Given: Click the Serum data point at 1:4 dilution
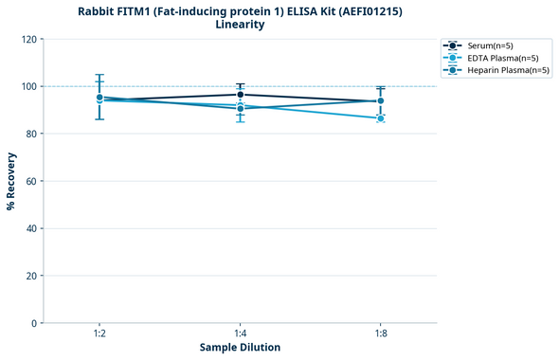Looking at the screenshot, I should tap(240, 95).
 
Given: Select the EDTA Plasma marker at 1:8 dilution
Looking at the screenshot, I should tap(381, 118).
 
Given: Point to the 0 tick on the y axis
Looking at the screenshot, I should tap(35, 323).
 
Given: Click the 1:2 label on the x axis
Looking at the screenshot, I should tap(99, 334).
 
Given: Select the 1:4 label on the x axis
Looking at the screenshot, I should tap(240, 334).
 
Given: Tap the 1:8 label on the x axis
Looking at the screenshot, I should tap(381, 334).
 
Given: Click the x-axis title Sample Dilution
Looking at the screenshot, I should tap(240, 348).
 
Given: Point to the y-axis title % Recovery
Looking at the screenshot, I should tap(11, 181).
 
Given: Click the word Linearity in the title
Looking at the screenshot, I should tap(240, 25).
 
